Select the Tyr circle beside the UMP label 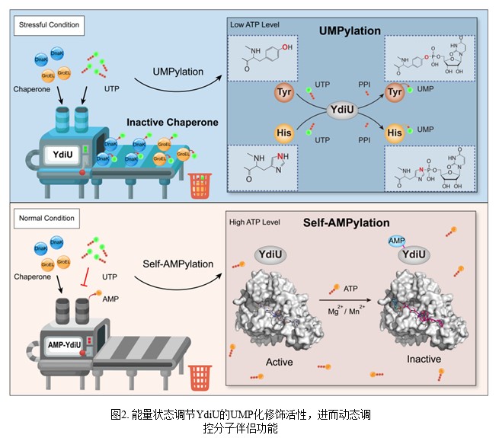pos(395,93)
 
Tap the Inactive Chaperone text pos(172,122)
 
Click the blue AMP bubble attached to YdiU pos(396,240)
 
